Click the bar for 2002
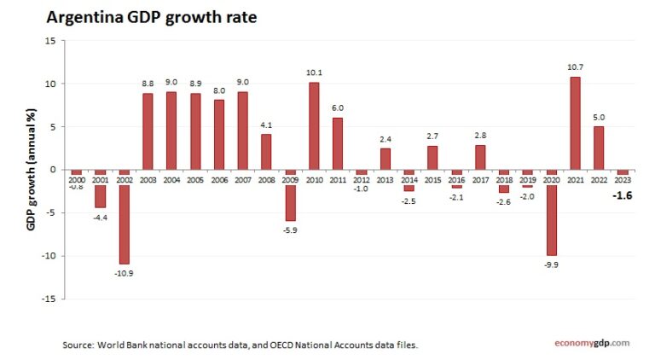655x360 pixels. coord(124,217)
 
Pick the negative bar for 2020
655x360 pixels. coord(552,212)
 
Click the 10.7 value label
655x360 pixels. coord(575,67)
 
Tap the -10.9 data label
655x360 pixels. coord(124,273)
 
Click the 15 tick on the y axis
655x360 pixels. coord(50,40)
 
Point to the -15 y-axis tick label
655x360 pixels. coord(49,299)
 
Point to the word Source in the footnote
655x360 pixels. coord(77,345)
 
